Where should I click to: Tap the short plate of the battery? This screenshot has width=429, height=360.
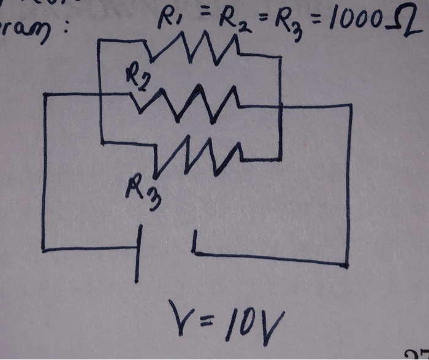click(x=194, y=242)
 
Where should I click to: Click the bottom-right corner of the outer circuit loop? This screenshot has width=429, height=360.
click(x=347, y=265)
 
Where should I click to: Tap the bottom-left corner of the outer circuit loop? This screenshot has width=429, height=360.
click(x=44, y=250)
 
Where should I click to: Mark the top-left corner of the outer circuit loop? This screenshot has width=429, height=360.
click(x=45, y=94)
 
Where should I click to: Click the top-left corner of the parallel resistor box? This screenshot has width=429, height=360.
click(x=99, y=42)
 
